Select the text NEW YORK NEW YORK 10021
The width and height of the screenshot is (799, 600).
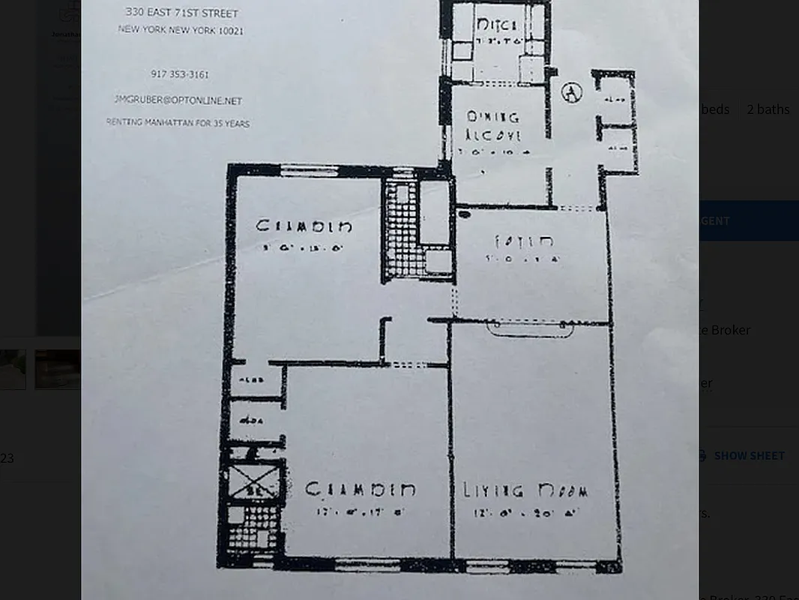pyautogui.click(x=180, y=31)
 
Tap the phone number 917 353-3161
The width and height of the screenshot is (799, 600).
pyautogui.click(x=180, y=74)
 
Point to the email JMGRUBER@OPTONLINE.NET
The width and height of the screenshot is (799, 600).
pyautogui.click(x=178, y=100)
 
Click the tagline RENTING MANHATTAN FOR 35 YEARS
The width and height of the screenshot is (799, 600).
pyautogui.click(x=178, y=123)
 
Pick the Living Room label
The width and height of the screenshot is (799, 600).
pyautogui.click(x=525, y=491)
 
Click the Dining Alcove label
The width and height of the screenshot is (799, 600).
pyautogui.click(x=493, y=127)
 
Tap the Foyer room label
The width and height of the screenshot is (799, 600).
pyautogui.click(x=524, y=241)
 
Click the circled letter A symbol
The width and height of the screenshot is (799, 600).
pyautogui.click(x=572, y=93)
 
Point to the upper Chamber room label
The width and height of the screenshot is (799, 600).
pyautogui.click(x=304, y=226)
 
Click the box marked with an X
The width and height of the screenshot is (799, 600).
pyautogui.click(x=253, y=481)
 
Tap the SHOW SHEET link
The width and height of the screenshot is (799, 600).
pyautogui.click(x=749, y=455)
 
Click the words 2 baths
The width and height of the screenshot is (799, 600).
pyautogui.click(x=768, y=109)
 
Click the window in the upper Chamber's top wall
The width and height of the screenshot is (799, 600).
pyautogui.click(x=309, y=171)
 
